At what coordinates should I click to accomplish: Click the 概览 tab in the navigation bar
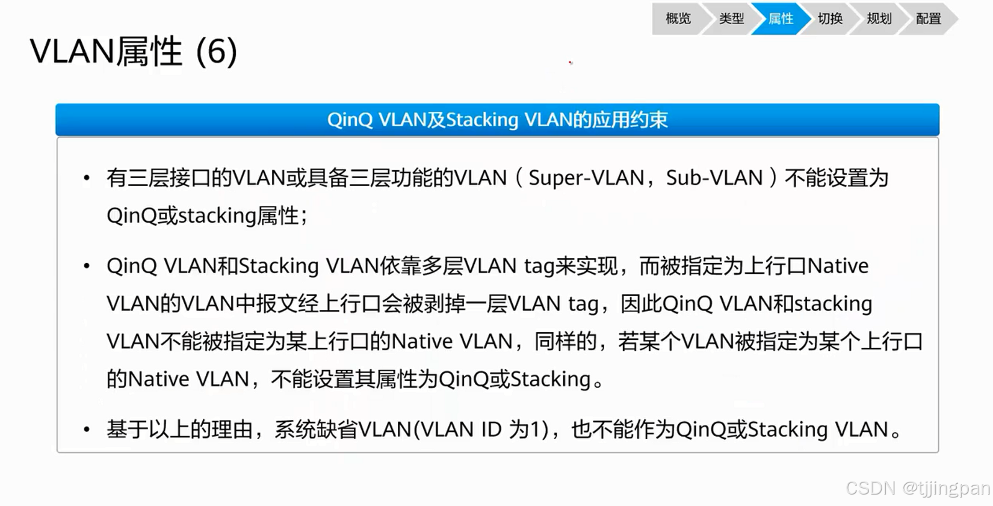pos(678,19)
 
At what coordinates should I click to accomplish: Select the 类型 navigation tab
pos(731,19)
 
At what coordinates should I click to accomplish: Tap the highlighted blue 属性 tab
pos(781,19)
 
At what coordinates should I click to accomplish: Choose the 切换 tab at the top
pos(830,19)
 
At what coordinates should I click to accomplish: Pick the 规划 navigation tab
pos(879,19)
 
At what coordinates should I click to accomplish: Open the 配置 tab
pos(928,19)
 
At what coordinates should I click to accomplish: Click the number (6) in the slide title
pos(217,52)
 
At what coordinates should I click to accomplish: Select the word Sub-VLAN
pos(714,178)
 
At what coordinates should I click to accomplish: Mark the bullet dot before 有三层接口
pos(87,178)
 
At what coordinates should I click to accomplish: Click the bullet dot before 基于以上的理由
pos(87,430)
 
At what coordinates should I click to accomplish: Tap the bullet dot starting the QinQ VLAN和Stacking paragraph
pos(87,266)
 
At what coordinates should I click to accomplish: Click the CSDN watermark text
pos(871,488)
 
